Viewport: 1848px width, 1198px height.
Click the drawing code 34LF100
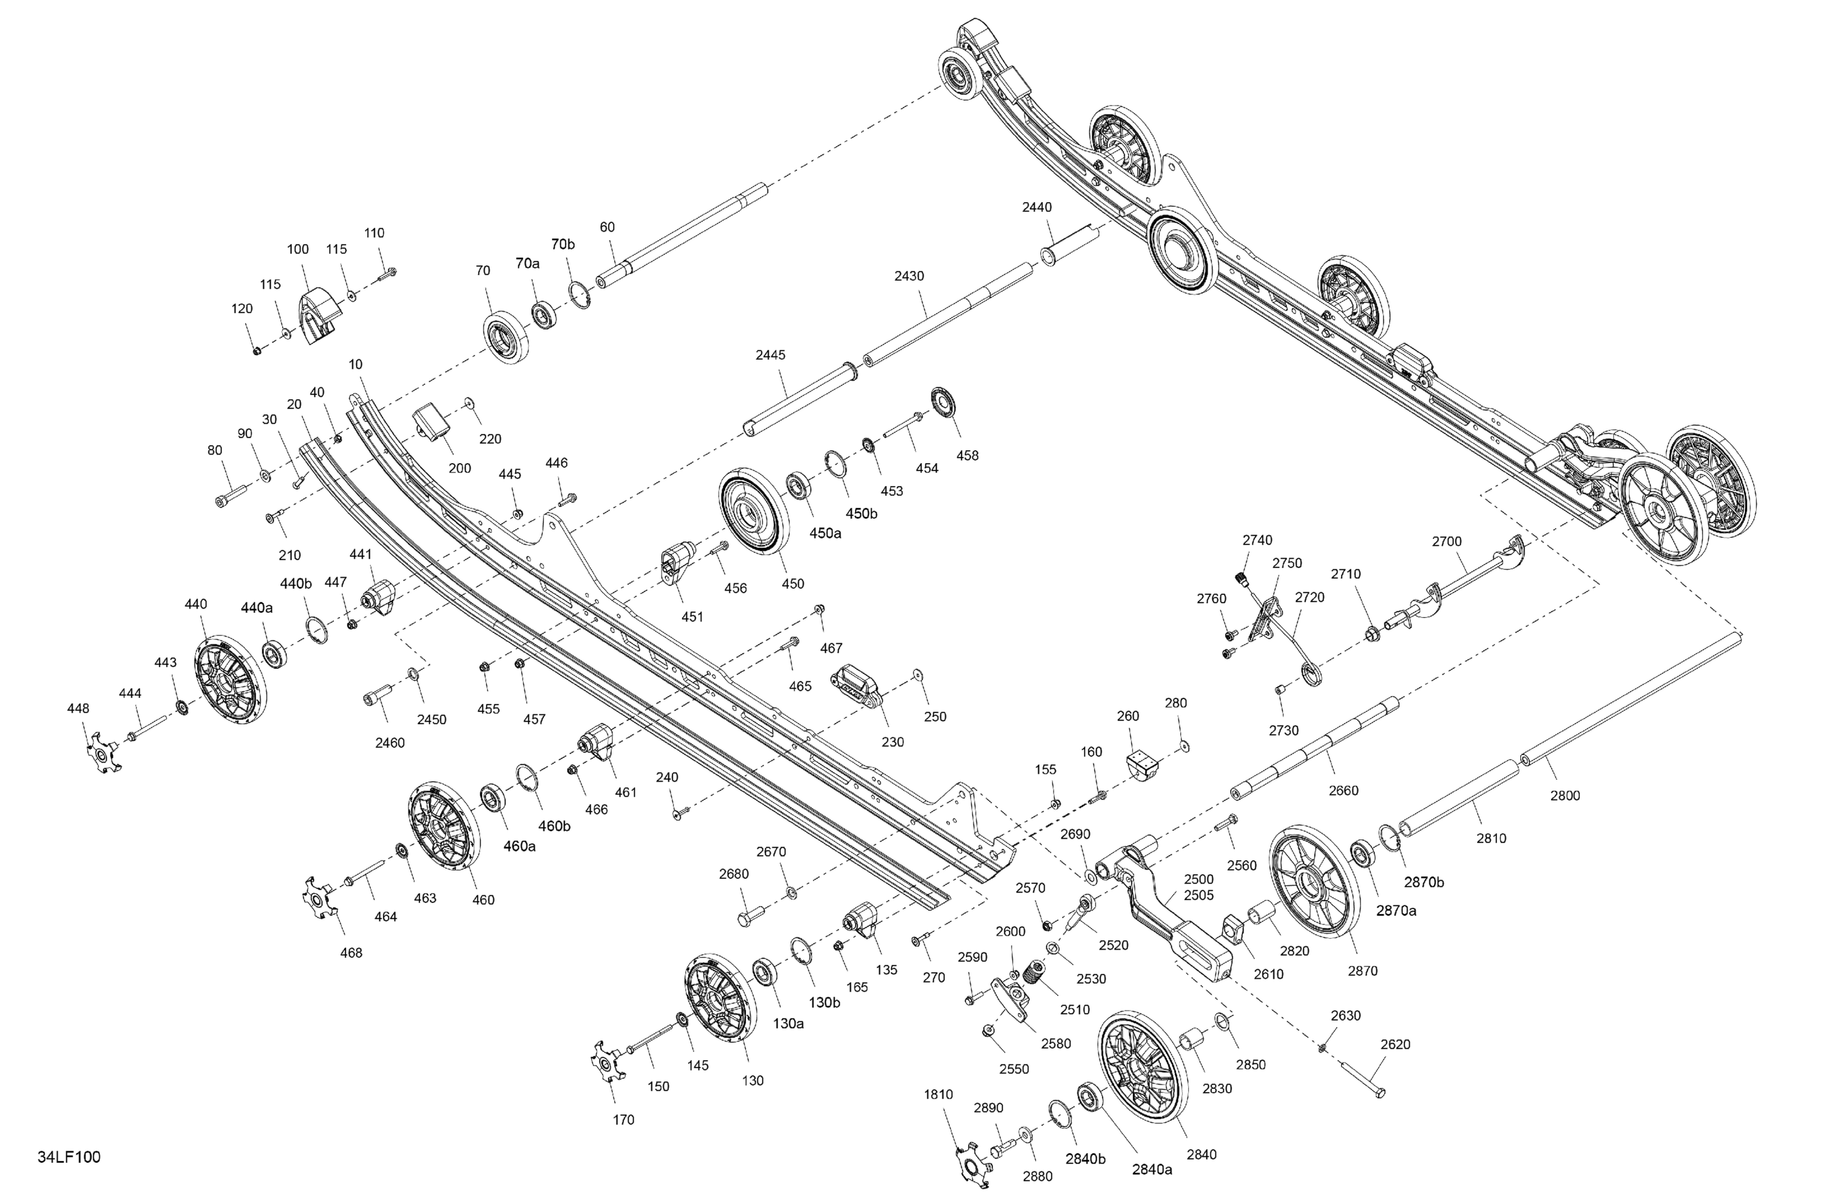(69, 1157)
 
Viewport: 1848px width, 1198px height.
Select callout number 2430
(909, 275)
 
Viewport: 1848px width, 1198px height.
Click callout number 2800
(1565, 795)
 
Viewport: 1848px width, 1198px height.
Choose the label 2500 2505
(1199, 887)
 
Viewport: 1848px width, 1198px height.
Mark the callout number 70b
(563, 244)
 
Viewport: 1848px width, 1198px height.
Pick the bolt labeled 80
(230, 494)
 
